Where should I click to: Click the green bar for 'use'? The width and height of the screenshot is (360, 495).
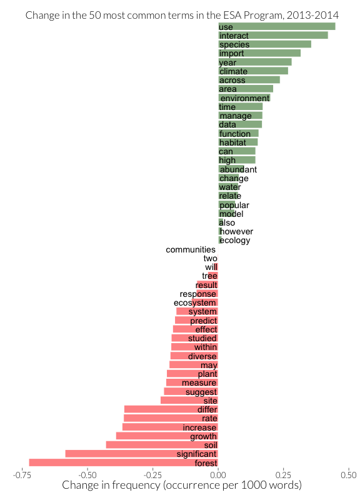click(x=277, y=26)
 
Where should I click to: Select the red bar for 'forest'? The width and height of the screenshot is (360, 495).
click(x=124, y=462)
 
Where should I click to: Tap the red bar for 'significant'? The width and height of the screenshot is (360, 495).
click(x=141, y=454)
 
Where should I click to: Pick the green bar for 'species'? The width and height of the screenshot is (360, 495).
click(x=264, y=44)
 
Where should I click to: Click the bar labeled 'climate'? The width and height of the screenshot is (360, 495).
click(x=253, y=71)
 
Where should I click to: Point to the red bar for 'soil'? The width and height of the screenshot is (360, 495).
click(x=162, y=445)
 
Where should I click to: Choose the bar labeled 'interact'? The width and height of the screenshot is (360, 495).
click(x=273, y=35)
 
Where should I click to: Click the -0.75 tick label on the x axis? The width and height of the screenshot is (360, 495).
click(x=22, y=475)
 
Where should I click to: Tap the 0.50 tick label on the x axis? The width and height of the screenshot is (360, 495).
click(x=349, y=475)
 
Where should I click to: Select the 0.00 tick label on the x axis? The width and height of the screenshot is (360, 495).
click(x=218, y=475)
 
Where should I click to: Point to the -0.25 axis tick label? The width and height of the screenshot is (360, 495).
click(x=152, y=475)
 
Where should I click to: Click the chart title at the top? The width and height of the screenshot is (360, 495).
click(x=182, y=15)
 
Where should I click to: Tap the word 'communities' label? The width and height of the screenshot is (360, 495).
click(x=191, y=249)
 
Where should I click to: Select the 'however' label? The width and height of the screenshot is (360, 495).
click(x=236, y=231)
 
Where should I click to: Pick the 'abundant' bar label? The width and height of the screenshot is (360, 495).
click(x=238, y=169)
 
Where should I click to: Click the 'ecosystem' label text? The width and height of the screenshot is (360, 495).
click(x=195, y=302)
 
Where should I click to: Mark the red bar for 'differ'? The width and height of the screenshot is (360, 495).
click(x=171, y=409)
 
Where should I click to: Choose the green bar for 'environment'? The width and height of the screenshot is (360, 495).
click(x=244, y=97)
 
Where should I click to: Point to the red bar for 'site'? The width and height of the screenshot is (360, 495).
click(x=189, y=400)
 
